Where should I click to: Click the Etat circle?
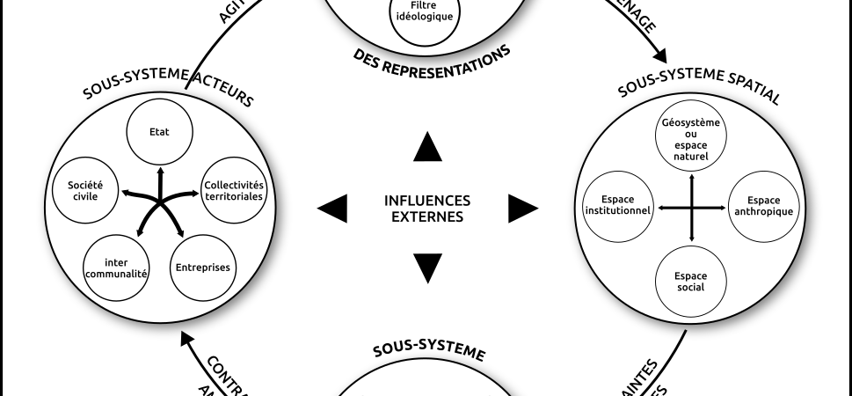pyautogui.click(x=159, y=132)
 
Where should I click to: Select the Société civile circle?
pyautogui.click(x=87, y=190)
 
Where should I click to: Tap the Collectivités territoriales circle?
pyautogui.click(x=233, y=190)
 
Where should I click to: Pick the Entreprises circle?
pyautogui.click(x=202, y=267)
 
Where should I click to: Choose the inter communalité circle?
pyautogui.click(x=115, y=268)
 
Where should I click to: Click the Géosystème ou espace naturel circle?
pyautogui.click(x=691, y=141)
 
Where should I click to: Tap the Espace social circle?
pyautogui.click(x=691, y=281)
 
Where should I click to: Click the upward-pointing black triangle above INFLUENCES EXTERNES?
pyautogui.click(x=427, y=147)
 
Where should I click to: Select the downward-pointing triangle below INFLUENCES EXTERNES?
pyautogui.click(x=427, y=267)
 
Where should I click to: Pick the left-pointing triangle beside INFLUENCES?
pyautogui.click(x=332, y=208)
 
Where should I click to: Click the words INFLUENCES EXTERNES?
pyautogui.click(x=427, y=208)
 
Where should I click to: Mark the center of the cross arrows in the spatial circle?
pyautogui.click(x=692, y=208)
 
